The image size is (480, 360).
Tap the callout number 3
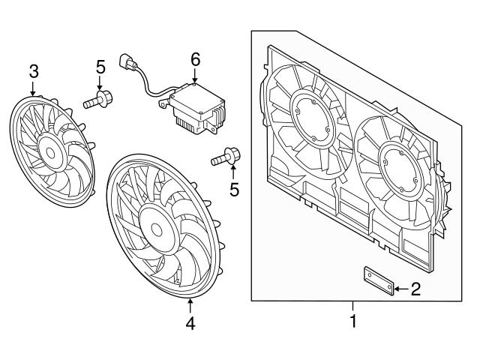click(34, 71)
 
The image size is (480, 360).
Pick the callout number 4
click(190, 324)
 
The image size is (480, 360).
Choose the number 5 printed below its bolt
click(234, 190)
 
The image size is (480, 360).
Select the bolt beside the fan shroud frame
click(226, 157)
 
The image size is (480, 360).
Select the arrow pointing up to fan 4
click(190, 306)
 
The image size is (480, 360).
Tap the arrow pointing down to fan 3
click(34, 88)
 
